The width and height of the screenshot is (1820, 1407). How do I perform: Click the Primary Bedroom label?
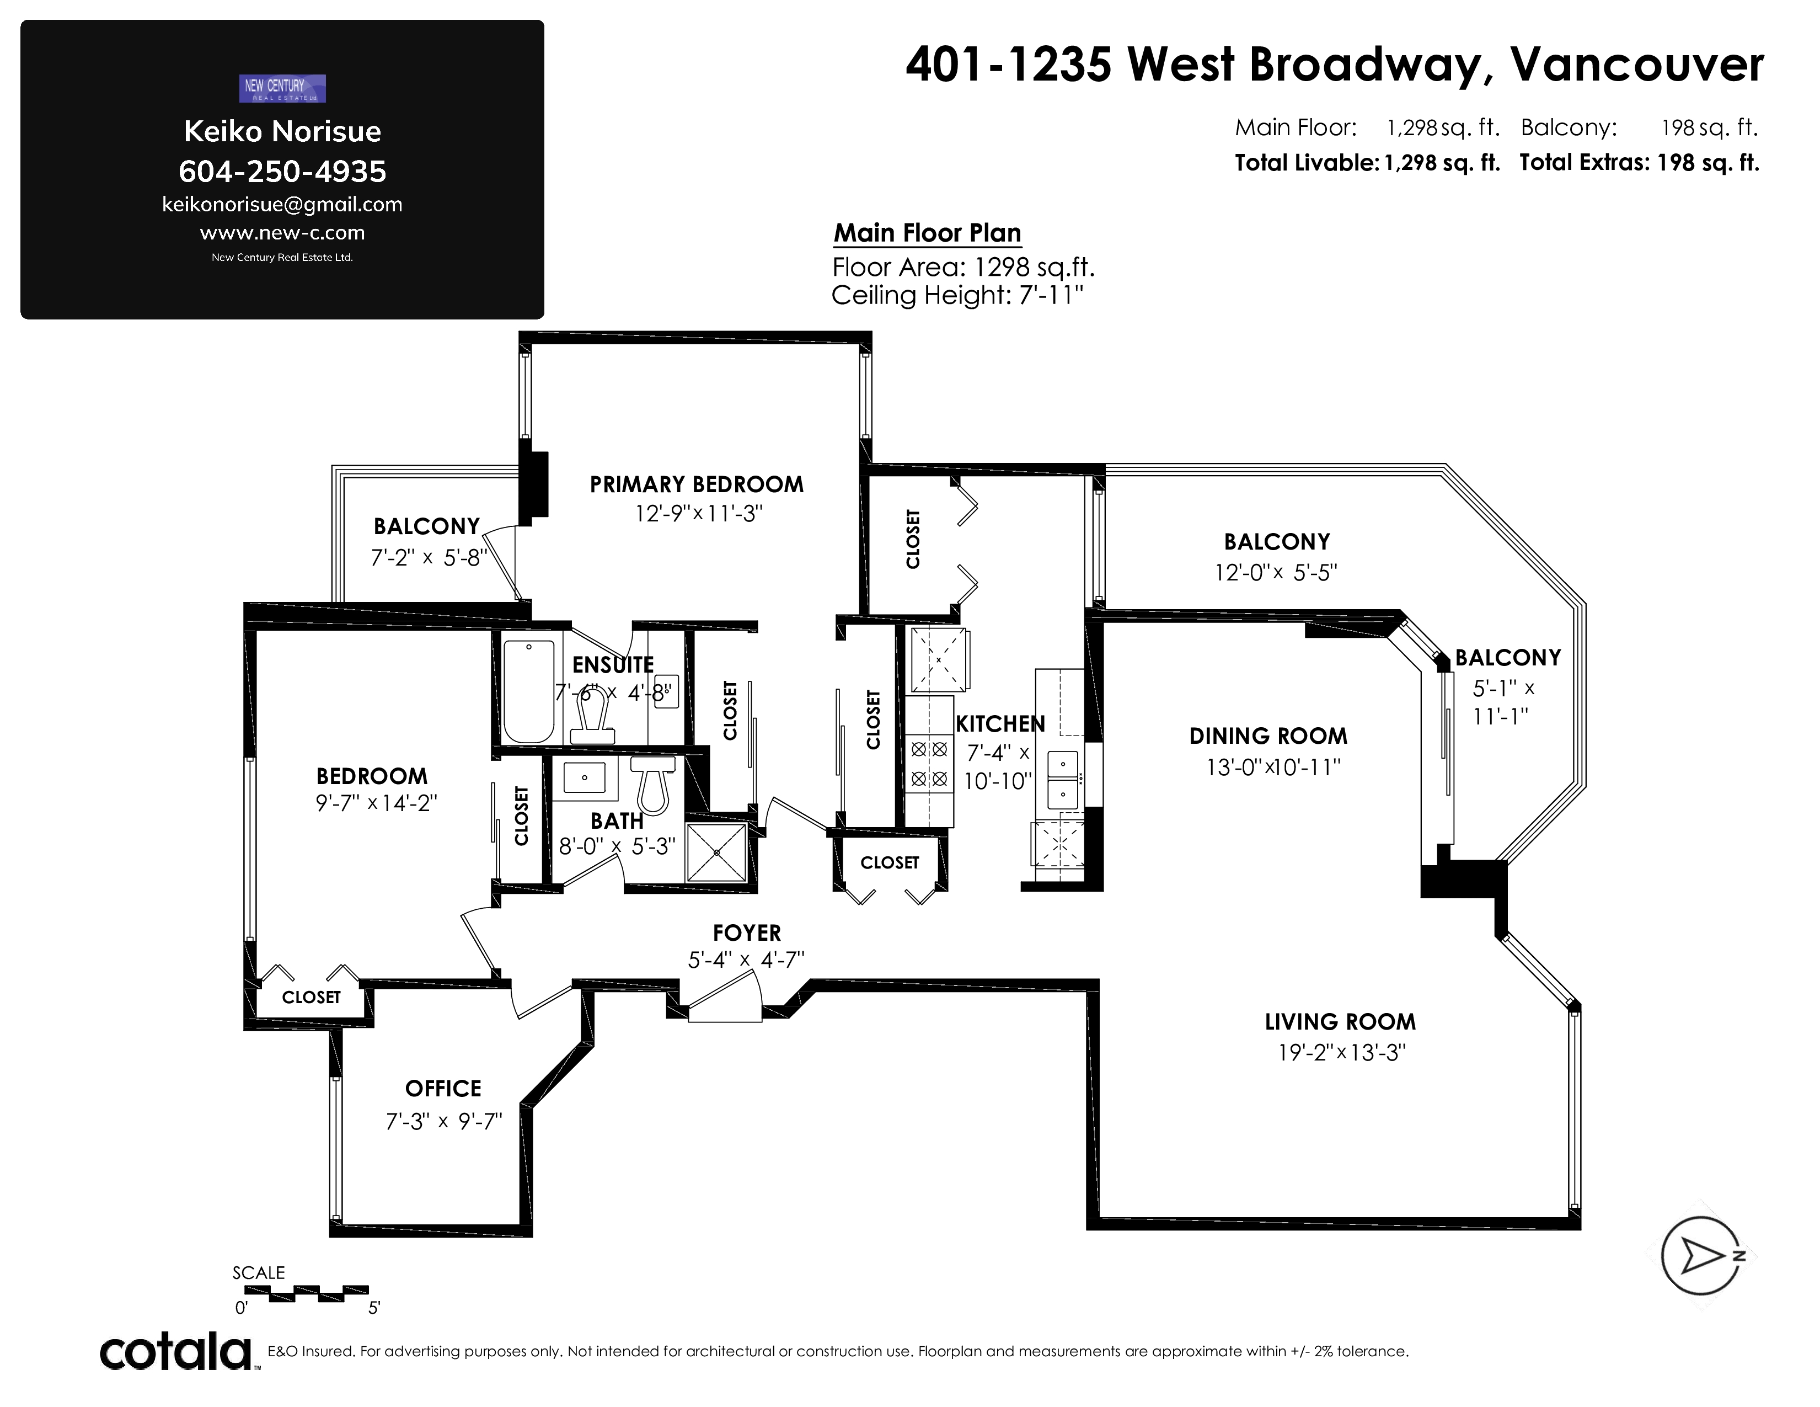coord(697,484)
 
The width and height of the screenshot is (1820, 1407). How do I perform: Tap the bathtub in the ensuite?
coord(528,691)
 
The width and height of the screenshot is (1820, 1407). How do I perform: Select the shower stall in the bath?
coord(716,852)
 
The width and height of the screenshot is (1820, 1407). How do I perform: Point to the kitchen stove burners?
coord(929,764)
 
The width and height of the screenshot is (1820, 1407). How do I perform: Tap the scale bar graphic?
coord(307,1294)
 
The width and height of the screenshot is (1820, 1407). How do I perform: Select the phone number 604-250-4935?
coord(282,172)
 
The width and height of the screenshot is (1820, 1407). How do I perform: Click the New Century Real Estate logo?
coord(282,88)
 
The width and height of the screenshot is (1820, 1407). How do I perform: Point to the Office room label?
coord(443,1089)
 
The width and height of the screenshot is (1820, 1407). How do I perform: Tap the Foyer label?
coord(747,932)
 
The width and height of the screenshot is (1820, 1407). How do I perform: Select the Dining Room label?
coord(1268,736)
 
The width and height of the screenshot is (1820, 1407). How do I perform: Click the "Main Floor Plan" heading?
coord(928,233)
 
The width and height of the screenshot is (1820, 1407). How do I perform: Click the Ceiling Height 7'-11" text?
coord(957,295)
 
